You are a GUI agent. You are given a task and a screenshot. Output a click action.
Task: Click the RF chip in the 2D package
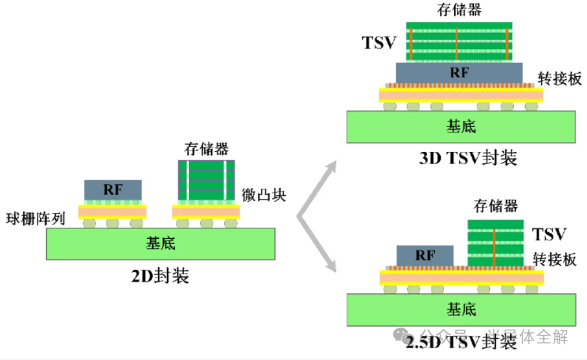[113, 190]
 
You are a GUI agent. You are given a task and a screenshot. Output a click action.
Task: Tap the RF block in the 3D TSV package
[459, 72]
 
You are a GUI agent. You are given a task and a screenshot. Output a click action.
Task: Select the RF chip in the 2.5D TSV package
[425, 255]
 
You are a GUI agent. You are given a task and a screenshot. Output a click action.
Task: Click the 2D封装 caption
[160, 276]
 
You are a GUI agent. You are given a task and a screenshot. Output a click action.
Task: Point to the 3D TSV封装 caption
[468, 158]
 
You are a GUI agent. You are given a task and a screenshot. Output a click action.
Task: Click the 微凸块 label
[264, 195]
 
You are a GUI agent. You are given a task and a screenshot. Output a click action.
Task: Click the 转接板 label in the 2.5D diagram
[554, 259]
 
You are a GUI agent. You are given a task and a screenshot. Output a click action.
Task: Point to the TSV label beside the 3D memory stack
[380, 42]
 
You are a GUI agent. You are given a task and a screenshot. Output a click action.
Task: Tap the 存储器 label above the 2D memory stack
[206, 148]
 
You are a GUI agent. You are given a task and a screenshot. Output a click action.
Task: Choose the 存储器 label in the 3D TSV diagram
[459, 9]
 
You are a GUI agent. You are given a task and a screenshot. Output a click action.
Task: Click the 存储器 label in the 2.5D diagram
[496, 206]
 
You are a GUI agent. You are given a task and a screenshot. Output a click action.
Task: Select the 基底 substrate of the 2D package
[161, 243]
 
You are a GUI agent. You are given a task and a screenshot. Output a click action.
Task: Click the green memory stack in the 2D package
[207, 180]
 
